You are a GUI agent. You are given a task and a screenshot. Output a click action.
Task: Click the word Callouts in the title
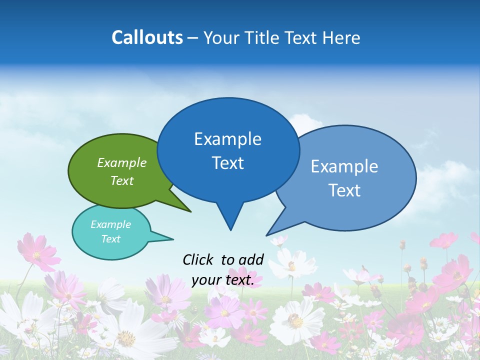click(x=147, y=37)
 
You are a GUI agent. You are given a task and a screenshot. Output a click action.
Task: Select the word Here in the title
click(x=340, y=38)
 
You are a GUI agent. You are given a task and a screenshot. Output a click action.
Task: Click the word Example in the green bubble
click(x=122, y=162)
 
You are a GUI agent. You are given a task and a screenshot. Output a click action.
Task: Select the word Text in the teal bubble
click(x=111, y=239)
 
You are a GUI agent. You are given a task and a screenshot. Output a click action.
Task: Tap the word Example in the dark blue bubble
click(x=228, y=139)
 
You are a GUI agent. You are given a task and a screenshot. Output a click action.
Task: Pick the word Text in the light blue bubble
click(x=345, y=190)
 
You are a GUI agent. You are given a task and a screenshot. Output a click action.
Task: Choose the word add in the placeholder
click(x=251, y=259)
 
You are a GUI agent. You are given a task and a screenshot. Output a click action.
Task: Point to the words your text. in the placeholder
click(x=223, y=280)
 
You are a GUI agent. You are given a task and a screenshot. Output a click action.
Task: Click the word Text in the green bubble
click(x=122, y=180)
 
